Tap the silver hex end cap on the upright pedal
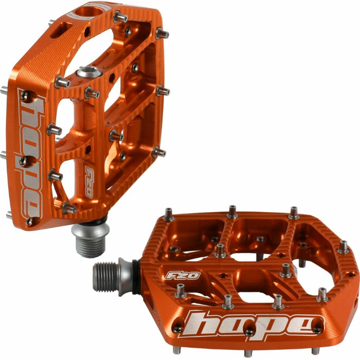point(87,73)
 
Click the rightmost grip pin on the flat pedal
point(343,247)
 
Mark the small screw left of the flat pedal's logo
point(177,329)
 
